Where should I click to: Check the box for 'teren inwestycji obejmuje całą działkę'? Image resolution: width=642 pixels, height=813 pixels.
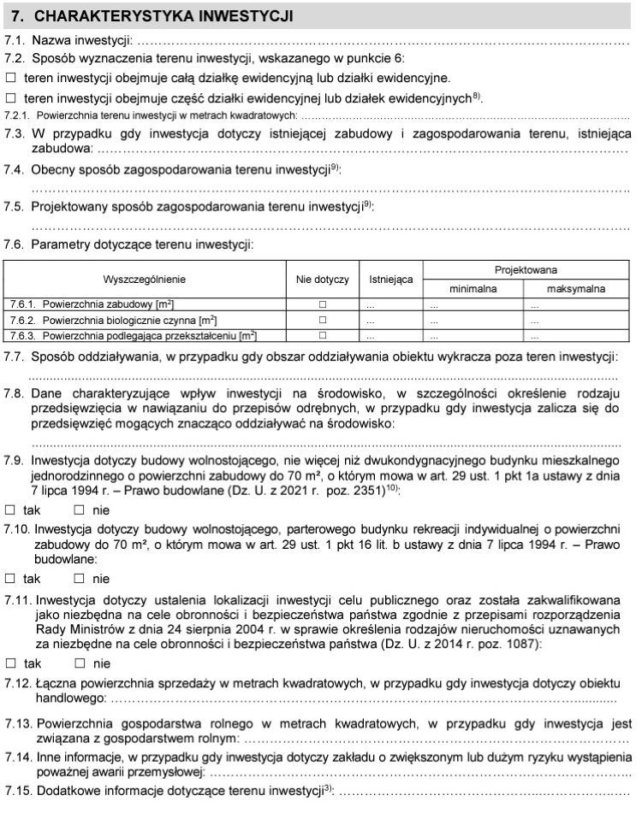click(11, 78)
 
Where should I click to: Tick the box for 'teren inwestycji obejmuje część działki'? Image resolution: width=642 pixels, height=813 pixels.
click(11, 97)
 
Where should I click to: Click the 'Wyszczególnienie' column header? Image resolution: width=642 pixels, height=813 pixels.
click(144, 280)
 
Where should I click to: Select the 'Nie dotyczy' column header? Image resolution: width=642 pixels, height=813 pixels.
click(323, 280)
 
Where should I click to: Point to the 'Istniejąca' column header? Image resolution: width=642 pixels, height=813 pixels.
click(391, 280)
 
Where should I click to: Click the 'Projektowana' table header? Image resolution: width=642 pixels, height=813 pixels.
click(526, 269)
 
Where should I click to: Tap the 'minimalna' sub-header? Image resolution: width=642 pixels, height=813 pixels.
click(473, 289)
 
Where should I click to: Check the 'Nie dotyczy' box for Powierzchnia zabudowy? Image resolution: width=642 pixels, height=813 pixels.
click(323, 304)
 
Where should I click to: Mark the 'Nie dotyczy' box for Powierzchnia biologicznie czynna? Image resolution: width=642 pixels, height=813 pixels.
click(323, 320)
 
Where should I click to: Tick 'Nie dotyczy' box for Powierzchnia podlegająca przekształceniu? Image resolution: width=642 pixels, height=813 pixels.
click(323, 335)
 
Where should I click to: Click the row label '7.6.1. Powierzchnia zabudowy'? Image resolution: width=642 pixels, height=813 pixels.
click(94, 304)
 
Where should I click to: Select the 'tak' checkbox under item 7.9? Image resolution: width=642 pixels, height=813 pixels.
click(11, 510)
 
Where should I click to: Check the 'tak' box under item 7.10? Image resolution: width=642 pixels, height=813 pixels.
click(11, 578)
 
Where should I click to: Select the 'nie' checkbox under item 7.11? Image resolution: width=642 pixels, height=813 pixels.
click(80, 663)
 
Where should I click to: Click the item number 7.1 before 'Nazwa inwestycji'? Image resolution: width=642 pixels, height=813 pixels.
click(15, 40)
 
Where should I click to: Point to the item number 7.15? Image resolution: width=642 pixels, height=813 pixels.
click(18, 791)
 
